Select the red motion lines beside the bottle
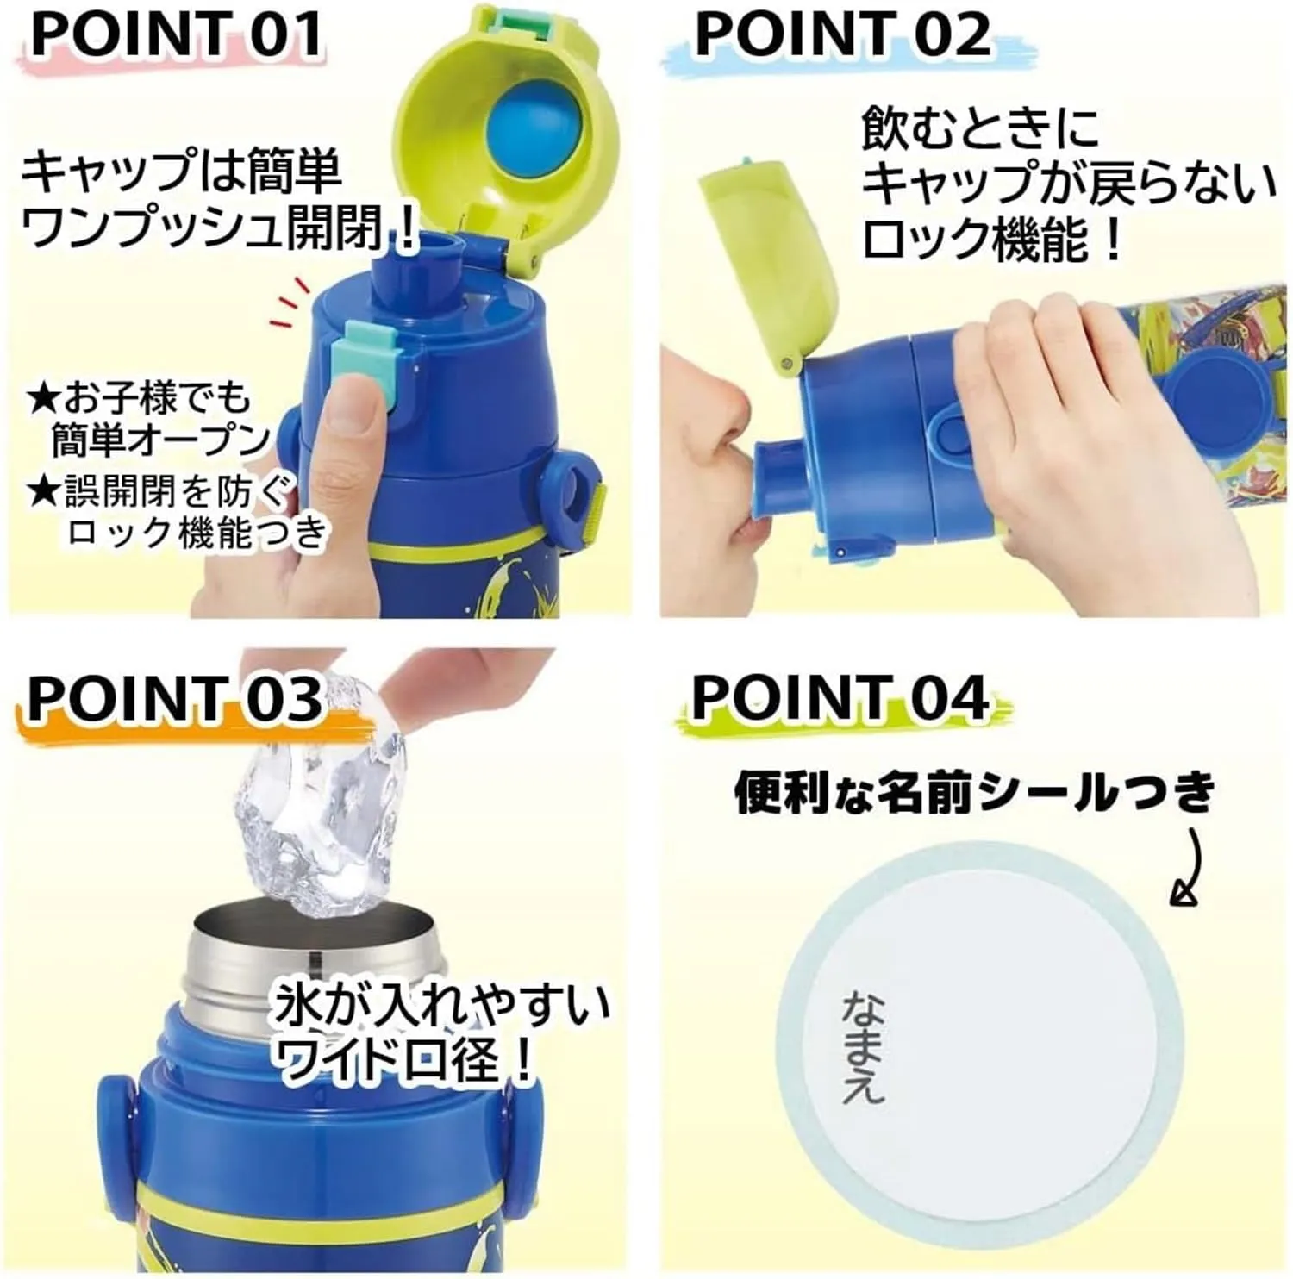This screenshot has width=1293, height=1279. pyautogui.click(x=290, y=303)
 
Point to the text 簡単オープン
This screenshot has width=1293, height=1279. pyautogui.click(x=160, y=440)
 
